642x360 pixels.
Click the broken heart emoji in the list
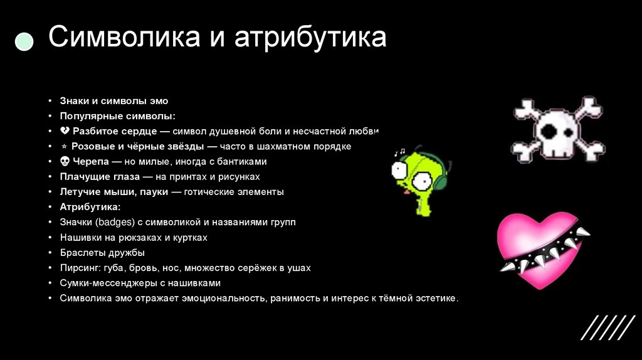65,131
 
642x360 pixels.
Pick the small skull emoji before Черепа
65,162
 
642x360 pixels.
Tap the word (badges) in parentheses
110,223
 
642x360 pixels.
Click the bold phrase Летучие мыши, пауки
113,192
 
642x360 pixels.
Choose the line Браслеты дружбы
102,253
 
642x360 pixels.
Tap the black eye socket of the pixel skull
549,132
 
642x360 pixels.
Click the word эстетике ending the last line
436,299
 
